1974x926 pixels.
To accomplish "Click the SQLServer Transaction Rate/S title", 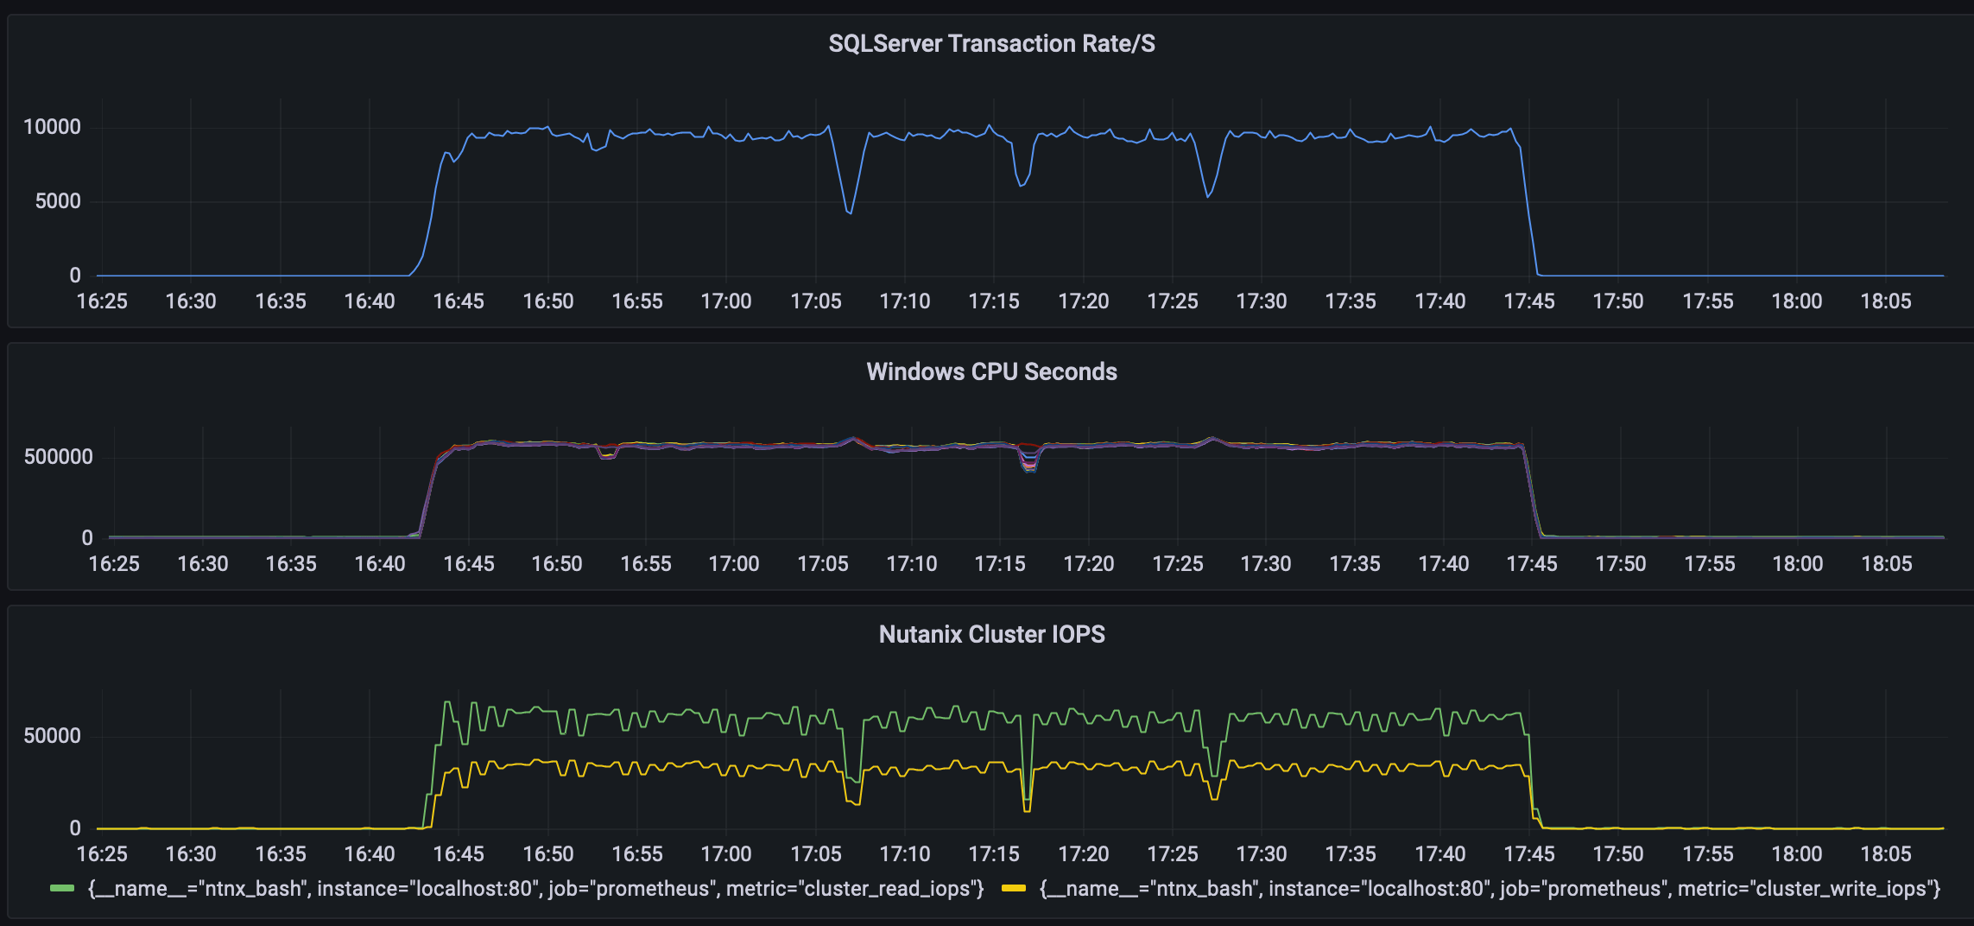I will (x=991, y=44).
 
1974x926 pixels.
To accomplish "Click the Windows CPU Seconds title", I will (x=991, y=371).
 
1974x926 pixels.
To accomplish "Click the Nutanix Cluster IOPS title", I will (x=991, y=634).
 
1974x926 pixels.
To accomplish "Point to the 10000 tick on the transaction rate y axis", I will (x=52, y=127).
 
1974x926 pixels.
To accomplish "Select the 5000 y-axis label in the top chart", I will (x=58, y=201).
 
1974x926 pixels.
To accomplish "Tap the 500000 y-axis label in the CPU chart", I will (x=58, y=457).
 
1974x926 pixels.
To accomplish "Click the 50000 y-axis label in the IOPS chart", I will (x=52, y=736).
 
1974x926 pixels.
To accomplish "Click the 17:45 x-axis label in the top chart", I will (x=1528, y=301).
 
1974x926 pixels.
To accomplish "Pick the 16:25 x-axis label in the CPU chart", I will (x=114, y=564).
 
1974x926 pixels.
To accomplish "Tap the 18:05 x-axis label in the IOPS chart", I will (x=1885, y=854).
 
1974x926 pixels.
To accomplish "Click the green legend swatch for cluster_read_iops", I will (x=62, y=889).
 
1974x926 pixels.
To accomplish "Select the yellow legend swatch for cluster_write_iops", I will (x=1014, y=889).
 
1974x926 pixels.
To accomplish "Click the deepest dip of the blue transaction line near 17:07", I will (x=850, y=212).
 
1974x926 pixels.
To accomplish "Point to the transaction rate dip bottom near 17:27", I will (x=1207, y=197).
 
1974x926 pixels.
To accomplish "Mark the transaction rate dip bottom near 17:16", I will (x=1021, y=186).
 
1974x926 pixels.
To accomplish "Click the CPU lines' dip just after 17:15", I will (x=1029, y=469).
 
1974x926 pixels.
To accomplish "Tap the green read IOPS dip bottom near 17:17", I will (x=1027, y=799).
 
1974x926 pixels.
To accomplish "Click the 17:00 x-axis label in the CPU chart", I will (x=733, y=564).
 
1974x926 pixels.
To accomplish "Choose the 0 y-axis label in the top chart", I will (x=75, y=276).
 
